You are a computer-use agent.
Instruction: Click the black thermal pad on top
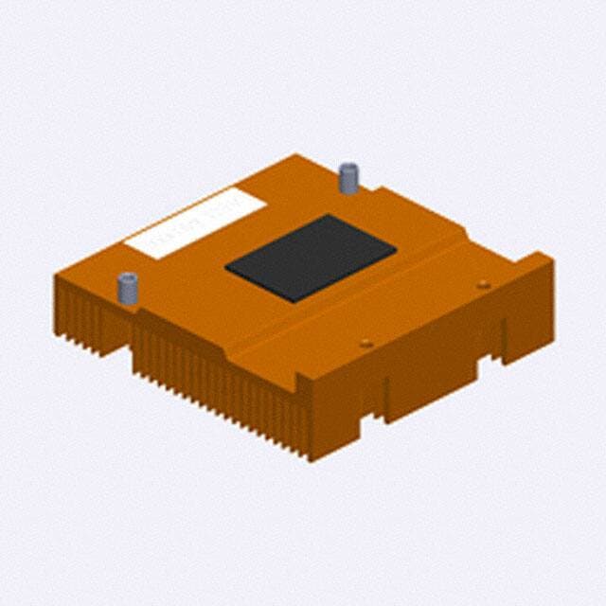[x=311, y=258]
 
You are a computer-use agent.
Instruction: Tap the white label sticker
[x=196, y=222]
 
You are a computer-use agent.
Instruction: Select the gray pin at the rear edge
[x=348, y=177]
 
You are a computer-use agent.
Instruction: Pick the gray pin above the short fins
[x=127, y=287]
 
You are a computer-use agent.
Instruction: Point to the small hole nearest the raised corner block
[x=484, y=284]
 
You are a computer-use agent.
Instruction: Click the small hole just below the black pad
[x=366, y=343]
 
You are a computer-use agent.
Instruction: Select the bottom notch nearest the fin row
[x=379, y=407]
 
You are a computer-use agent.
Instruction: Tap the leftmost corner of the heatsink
[x=56, y=276]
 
